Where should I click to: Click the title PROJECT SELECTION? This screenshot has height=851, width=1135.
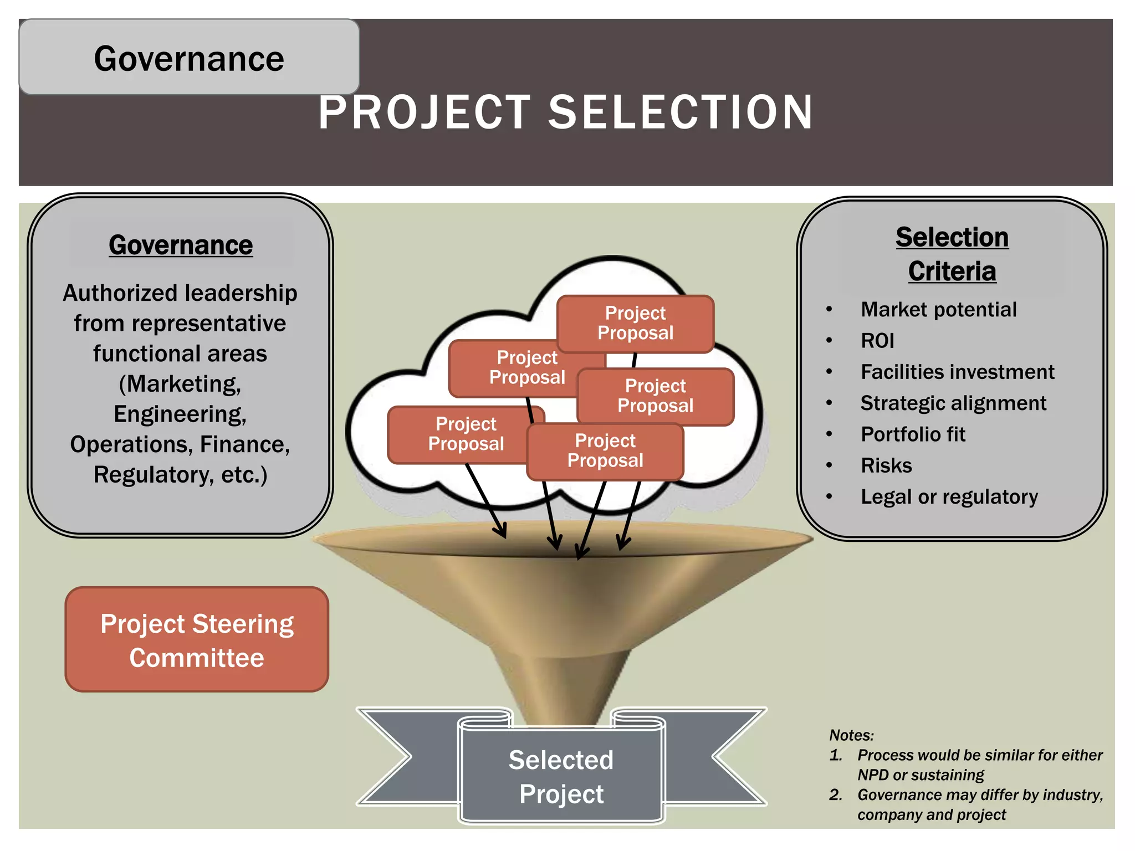coord(565,112)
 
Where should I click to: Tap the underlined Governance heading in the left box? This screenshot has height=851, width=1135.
coord(181,245)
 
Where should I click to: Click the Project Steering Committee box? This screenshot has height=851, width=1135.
coord(197,640)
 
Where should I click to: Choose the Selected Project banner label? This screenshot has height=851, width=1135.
coord(561,777)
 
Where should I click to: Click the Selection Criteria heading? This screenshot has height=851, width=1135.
coord(952,254)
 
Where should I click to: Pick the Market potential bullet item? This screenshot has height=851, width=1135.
coord(938,310)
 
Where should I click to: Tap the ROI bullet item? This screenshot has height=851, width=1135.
coord(877,341)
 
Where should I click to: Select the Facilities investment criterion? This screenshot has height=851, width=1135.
coord(957,372)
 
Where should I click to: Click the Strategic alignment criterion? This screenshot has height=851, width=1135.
coord(953,403)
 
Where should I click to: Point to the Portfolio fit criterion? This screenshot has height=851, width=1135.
coord(913,434)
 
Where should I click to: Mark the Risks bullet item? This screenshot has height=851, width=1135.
coord(886,465)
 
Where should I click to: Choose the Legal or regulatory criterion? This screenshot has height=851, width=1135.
coord(949,497)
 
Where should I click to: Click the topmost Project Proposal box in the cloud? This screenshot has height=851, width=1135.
coord(635,323)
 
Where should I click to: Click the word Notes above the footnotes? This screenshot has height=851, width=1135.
coord(851,735)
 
